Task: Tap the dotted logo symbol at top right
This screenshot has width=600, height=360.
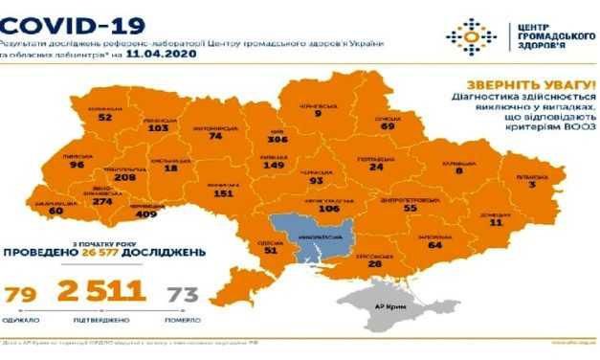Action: click(x=471, y=37)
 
